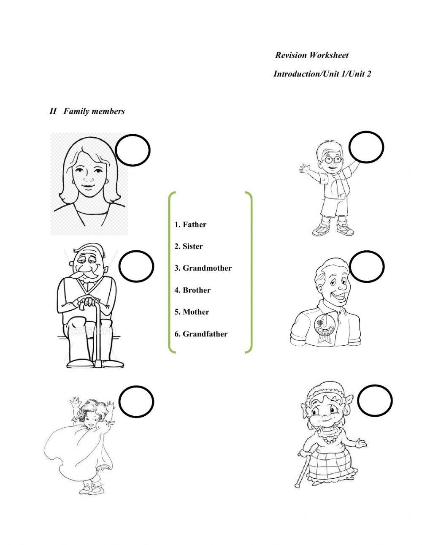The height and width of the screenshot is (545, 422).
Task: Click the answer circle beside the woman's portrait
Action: (133, 150)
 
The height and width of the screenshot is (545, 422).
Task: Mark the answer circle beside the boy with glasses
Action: (366, 147)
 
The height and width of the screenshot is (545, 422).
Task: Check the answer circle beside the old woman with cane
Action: (375, 400)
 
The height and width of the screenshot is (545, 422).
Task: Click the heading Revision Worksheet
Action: (312, 55)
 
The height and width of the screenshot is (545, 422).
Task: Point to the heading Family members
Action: (94, 111)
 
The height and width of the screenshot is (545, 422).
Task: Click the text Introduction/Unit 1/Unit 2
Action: (322, 74)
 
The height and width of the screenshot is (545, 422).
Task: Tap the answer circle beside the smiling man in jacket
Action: (367, 267)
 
